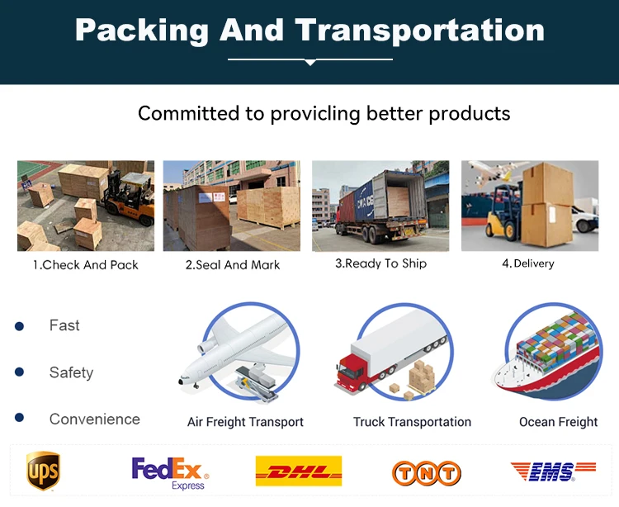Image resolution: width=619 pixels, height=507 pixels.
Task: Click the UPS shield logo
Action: [43, 471]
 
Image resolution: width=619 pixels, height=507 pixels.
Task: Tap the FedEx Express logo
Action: [170, 473]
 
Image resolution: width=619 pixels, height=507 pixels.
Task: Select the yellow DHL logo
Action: [299, 471]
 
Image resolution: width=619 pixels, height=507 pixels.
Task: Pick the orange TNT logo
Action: [427, 473]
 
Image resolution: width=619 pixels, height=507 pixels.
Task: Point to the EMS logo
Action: [553, 471]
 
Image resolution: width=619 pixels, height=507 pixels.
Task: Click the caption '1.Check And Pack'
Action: [86, 264]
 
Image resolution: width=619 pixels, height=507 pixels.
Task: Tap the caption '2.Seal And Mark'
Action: [233, 264]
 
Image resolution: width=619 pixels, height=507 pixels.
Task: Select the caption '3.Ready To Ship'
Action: [381, 263]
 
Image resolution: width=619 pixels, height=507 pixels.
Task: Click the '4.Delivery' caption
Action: [528, 263]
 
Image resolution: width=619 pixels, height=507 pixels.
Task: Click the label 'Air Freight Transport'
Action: [245, 422]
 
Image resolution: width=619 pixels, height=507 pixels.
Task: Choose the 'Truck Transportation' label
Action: [412, 422]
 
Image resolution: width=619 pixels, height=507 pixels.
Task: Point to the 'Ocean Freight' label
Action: [558, 422]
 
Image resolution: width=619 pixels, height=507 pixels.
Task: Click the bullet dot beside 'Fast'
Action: [19, 326]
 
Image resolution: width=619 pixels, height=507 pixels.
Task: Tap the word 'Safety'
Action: [72, 372]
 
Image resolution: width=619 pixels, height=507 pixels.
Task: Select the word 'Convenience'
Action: [95, 419]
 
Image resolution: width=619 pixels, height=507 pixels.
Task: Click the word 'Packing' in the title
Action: [142, 31]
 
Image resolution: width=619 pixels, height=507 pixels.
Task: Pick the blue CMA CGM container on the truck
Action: [364, 202]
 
